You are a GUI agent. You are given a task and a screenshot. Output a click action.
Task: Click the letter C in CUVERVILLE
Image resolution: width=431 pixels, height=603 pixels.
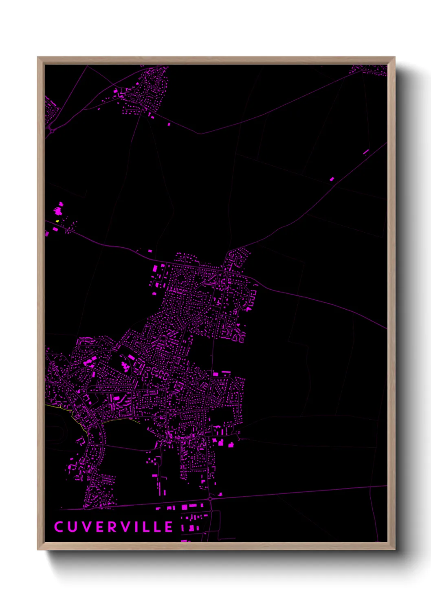[59, 527]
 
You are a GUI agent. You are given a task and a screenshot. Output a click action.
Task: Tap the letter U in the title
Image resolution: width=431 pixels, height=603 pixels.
[72, 527]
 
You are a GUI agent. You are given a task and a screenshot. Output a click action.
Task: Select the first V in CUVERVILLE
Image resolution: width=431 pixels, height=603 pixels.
[86, 527]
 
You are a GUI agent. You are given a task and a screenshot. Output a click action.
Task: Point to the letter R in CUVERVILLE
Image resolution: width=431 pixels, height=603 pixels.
[111, 527]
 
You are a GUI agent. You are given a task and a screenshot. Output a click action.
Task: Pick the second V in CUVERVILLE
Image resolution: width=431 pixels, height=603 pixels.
[124, 527]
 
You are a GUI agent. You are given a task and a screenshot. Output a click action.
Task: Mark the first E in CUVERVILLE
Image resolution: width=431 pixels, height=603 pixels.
[99, 527]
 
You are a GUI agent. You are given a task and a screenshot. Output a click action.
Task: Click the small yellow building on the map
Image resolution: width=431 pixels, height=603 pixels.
[57, 221]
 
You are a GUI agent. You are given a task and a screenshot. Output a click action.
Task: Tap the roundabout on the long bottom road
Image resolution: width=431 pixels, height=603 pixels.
[210, 498]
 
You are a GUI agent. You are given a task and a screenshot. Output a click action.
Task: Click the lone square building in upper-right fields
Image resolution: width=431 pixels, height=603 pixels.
[332, 179]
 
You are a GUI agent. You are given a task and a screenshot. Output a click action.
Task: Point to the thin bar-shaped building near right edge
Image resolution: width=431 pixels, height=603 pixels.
[366, 152]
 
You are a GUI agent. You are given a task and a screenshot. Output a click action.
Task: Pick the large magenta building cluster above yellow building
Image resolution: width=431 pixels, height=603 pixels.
[59, 210]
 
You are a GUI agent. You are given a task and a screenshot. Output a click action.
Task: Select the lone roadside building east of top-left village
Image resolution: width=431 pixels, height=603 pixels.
[169, 124]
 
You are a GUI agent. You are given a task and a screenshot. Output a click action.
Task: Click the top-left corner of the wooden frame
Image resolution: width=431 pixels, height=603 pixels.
[38, 57]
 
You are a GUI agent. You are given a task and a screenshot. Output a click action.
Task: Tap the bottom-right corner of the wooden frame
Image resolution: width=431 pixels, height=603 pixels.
[395, 550]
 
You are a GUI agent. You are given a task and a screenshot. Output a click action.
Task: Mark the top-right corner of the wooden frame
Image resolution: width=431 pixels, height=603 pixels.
[395, 57]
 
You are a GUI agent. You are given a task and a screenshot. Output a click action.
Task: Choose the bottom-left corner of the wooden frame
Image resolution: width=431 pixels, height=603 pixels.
[38, 550]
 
